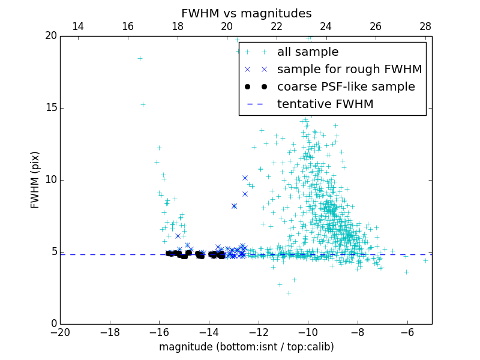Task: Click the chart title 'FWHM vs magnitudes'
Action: coord(246,13)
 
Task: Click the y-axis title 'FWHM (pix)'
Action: coord(35,180)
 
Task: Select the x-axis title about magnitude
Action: coord(246,347)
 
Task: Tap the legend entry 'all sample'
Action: coord(307,52)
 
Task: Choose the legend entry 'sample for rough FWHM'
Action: coord(349,70)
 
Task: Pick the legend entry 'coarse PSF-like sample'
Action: coord(346,87)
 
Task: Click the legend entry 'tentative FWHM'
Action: coord(325,104)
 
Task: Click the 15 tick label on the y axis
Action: coord(50,108)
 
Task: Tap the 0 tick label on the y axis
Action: coord(53,324)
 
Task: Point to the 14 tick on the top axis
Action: coord(78,26)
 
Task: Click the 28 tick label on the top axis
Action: coord(425,26)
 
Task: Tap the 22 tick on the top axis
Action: coord(277,26)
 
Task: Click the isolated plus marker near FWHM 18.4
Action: coord(140,58)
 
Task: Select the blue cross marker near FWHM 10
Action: coord(245,178)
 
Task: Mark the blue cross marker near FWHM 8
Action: coord(234,206)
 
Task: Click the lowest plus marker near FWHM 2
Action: coord(289,293)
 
